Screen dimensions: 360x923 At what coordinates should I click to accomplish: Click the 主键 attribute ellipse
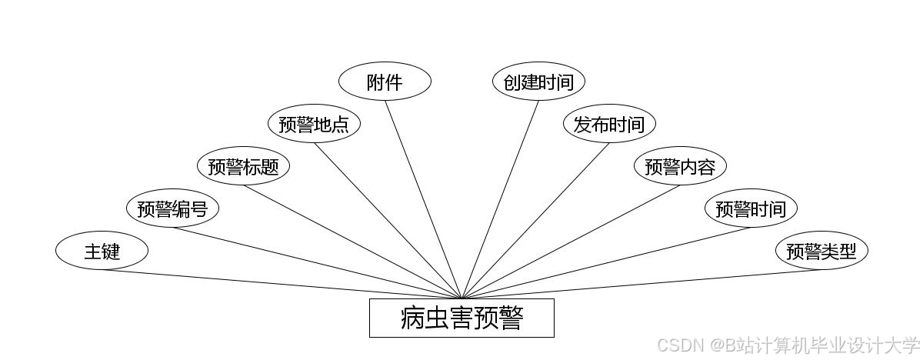click(x=102, y=251)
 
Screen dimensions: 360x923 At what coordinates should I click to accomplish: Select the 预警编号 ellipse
click(x=172, y=208)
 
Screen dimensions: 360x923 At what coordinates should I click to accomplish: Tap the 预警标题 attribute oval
click(x=243, y=166)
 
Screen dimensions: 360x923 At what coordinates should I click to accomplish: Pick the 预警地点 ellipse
click(x=314, y=124)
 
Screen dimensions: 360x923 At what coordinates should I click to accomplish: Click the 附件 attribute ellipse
click(x=385, y=82)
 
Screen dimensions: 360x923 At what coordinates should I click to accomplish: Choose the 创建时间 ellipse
click(x=538, y=82)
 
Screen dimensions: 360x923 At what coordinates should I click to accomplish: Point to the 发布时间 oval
click(x=609, y=124)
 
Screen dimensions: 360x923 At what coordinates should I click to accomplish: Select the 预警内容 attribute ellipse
click(x=680, y=166)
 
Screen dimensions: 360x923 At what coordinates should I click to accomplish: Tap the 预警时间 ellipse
click(x=751, y=208)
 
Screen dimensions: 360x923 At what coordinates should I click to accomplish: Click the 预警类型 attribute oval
click(x=821, y=251)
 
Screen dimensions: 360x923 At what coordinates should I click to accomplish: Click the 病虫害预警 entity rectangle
click(x=461, y=318)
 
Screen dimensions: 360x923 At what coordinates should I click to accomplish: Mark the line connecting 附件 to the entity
click(x=423, y=200)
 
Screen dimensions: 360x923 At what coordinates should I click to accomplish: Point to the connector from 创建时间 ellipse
click(x=500, y=200)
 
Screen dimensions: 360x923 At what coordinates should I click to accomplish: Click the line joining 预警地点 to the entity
click(x=388, y=222)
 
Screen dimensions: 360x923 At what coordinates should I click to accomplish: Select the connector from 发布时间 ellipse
click(x=535, y=222)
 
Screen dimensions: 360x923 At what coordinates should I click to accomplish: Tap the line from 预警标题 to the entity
click(x=352, y=242)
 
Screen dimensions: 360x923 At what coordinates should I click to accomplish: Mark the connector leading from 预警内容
click(x=571, y=242)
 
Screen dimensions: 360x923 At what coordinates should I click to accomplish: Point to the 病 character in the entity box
click(x=413, y=318)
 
